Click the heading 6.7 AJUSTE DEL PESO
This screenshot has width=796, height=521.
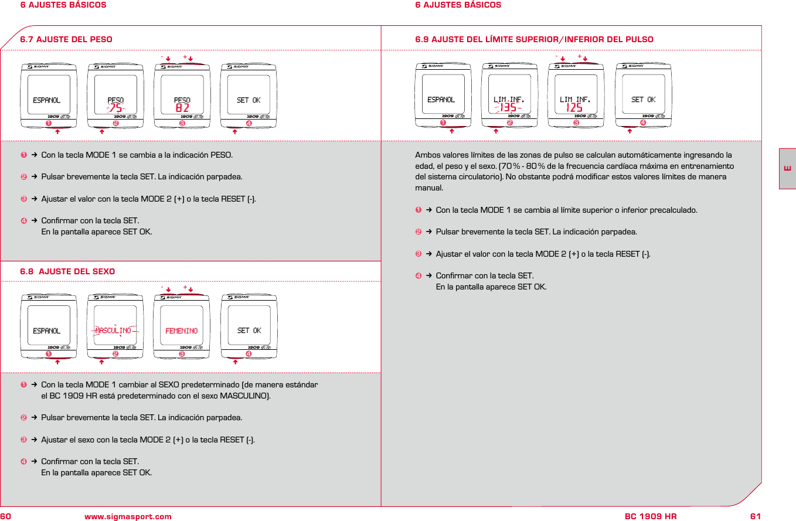tap(66, 39)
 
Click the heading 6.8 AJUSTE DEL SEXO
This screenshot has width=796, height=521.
tap(67, 271)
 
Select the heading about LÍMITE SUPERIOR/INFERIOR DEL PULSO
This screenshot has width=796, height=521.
tap(534, 39)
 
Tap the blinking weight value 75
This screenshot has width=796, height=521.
tap(115, 108)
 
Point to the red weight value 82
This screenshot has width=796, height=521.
tap(182, 108)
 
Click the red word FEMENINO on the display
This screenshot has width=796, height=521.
tap(182, 331)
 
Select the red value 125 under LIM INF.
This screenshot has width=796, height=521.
tap(574, 108)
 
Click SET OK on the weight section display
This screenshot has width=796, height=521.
tap(249, 100)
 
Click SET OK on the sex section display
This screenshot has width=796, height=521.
tap(249, 331)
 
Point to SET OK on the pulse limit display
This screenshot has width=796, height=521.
tap(643, 100)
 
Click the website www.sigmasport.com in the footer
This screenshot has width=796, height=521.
tap(128, 516)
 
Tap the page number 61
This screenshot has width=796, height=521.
tap(755, 516)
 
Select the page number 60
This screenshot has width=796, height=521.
tap(6, 516)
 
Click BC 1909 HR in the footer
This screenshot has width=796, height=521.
tap(651, 516)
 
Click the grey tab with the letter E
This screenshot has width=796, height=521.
tap(787, 169)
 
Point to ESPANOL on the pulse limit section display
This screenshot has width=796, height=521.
tap(441, 100)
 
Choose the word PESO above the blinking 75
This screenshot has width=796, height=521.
tap(115, 100)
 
